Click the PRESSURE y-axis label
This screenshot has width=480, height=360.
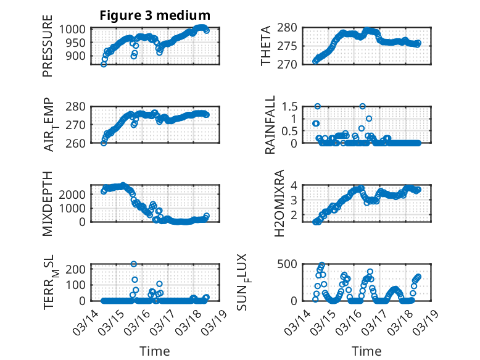(48, 49)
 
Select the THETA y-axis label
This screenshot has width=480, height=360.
(266, 46)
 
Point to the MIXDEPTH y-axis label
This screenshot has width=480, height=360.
(48, 203)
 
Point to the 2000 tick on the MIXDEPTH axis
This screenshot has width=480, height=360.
(75, 194)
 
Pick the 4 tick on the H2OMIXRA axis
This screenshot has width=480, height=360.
(297, 185)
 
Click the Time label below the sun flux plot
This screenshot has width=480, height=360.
(366, 351)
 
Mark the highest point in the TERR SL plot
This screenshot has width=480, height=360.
(134, 264)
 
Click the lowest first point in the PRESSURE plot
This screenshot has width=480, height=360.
(104, 64)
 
